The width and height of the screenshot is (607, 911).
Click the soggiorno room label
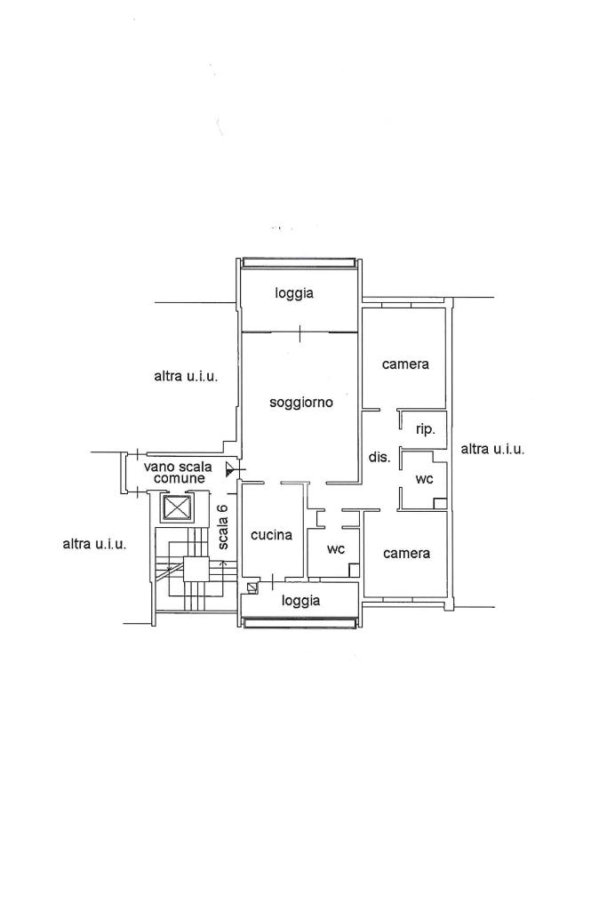[301, 403]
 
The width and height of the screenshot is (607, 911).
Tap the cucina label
[271, 534]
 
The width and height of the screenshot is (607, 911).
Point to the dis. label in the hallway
[379, 457]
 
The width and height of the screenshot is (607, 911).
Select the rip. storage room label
[425, 430]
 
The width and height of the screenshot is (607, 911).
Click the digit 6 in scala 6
[224, 508]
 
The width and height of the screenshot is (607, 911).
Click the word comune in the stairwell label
[180, 479]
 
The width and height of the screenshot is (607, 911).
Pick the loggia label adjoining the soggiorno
[294, 293]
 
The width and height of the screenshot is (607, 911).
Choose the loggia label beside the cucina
[301, 601]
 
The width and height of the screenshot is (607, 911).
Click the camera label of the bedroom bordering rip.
[405, 364]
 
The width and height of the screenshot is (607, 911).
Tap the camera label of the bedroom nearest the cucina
[407, 554]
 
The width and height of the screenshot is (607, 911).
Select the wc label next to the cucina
[336, 549]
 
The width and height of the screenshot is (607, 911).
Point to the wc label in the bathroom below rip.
[425, 479]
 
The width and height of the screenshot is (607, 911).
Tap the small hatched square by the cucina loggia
[252, 587]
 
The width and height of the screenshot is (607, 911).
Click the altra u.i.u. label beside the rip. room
[492, 449]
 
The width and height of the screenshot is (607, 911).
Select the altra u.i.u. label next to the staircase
[94, 545]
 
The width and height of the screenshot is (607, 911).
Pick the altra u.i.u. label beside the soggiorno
[186, 377]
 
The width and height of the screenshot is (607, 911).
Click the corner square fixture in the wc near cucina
[354, 570]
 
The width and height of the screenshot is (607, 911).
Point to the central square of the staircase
[196, 569]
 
